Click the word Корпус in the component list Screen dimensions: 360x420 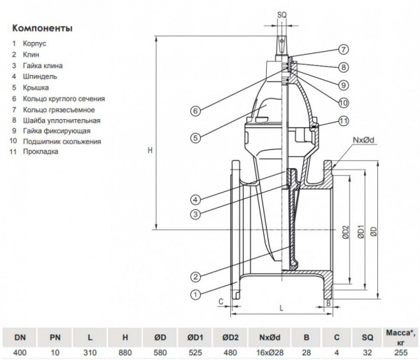point(35,43)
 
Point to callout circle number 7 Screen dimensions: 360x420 point(344,50)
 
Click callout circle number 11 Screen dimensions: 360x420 point(344,120)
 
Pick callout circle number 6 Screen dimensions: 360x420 point(196,110)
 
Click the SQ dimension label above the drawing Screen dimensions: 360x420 point(281,13)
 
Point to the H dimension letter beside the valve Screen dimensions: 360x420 point(142,149)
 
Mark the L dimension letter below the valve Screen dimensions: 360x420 point(279,307)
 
